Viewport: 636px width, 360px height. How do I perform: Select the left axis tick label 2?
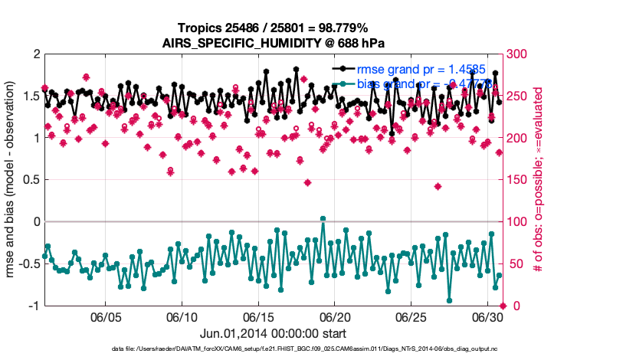(36, 54)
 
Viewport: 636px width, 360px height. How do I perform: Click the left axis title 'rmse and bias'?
(11, 180)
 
